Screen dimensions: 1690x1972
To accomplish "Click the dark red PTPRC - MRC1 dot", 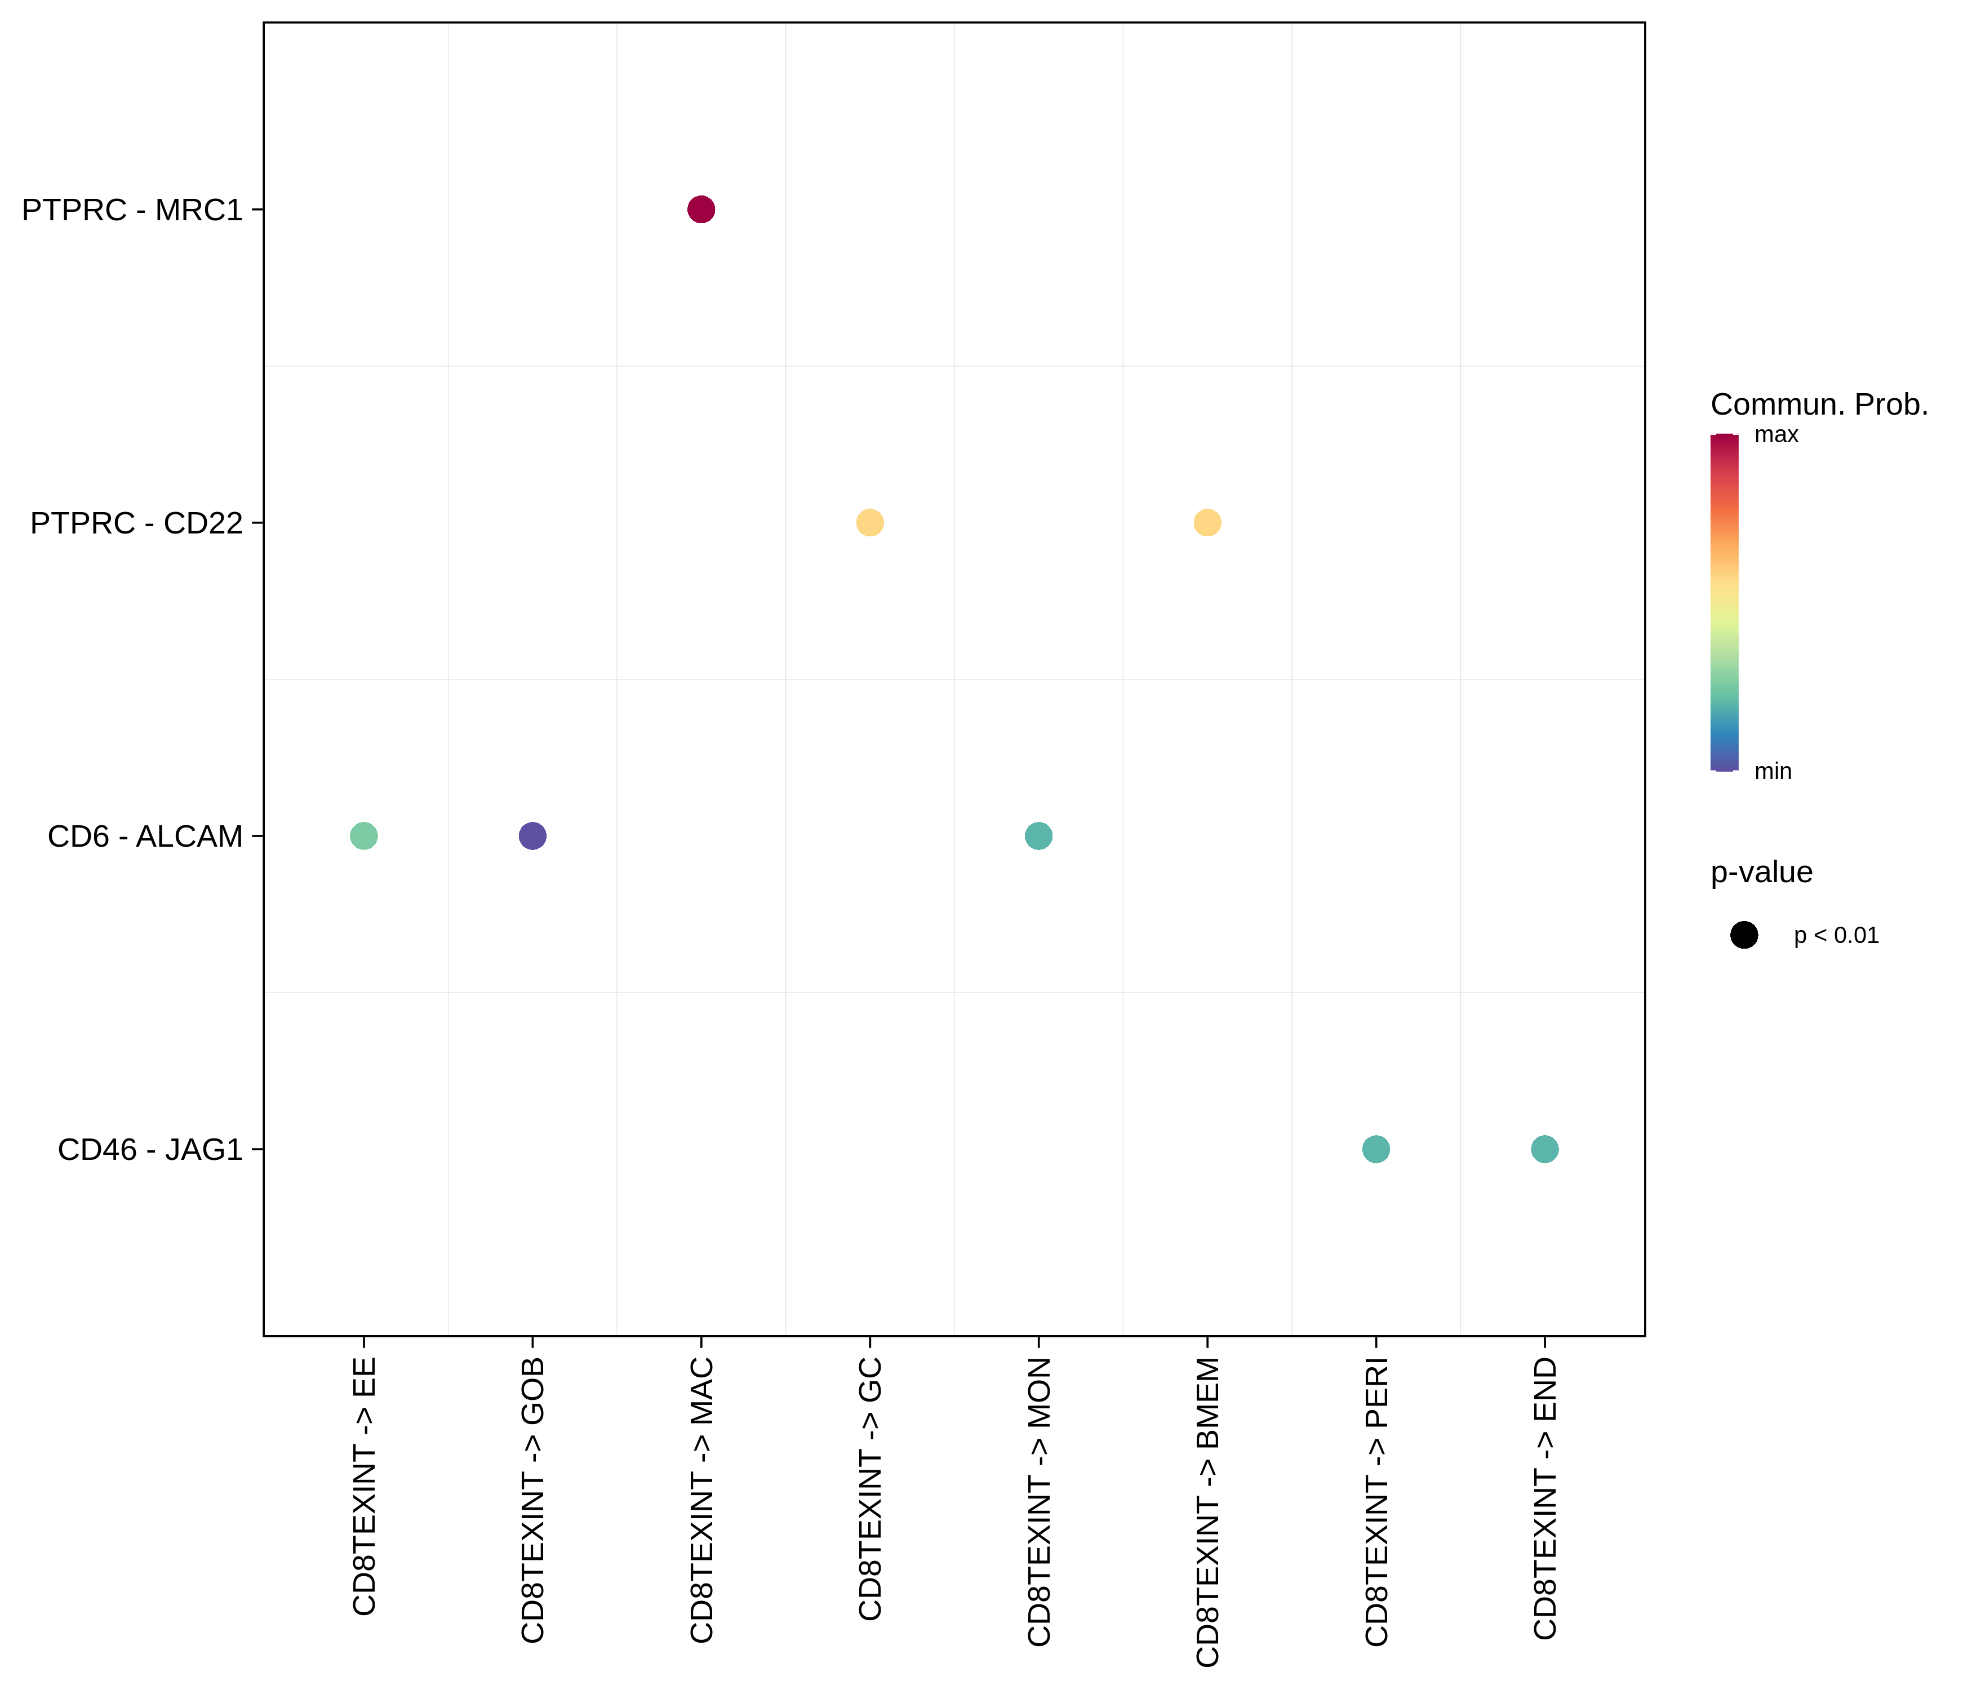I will point(700,210).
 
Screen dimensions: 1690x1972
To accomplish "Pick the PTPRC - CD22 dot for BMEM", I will point(1207,522).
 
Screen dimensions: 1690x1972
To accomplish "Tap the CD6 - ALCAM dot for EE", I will point(363,835).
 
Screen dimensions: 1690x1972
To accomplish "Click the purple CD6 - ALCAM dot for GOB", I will point(532,835).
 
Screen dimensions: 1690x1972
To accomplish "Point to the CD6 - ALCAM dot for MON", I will point(1038,835).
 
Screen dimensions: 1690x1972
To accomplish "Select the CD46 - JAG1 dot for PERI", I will point(1375,1150).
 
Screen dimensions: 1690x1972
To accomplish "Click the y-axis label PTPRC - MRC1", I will point(132,210).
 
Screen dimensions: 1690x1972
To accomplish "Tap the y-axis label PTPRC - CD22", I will point(136,522).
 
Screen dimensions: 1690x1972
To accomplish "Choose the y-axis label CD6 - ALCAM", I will point(145,835).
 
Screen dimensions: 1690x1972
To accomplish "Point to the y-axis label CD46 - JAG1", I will point(150,1150).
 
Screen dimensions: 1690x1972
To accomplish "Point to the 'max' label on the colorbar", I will point(1776,435).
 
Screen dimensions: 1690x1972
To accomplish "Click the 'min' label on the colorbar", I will point(1772,771).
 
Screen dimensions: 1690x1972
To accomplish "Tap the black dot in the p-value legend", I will point(1744,935).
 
